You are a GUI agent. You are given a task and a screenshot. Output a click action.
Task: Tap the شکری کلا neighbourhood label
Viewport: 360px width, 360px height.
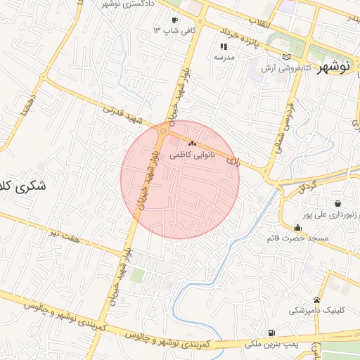coord(20,188)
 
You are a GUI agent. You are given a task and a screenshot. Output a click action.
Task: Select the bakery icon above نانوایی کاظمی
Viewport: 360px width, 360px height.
coord(191,143)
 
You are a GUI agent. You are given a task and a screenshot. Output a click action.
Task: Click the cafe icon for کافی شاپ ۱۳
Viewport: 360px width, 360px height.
coord(174,20)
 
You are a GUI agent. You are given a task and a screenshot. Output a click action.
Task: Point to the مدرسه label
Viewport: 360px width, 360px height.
coord(224,56)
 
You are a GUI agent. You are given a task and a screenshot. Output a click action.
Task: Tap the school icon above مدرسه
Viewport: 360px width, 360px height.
coord(224,46)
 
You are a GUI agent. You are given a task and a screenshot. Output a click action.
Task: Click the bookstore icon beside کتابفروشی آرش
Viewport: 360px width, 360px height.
coord(285,58)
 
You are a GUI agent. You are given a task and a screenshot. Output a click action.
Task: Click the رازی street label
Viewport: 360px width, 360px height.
coord(233,162)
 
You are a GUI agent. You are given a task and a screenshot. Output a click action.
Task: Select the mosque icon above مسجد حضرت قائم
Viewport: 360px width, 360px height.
coord(297,227)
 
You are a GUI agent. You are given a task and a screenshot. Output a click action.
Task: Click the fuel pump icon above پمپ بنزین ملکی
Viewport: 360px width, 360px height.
coord(271,333)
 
